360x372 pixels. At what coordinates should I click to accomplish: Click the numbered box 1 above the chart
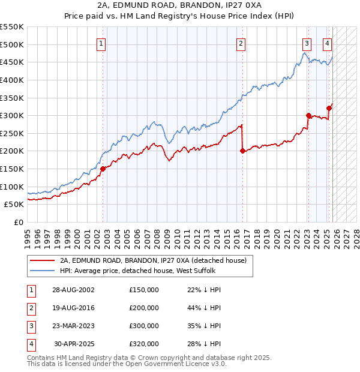[101, 43]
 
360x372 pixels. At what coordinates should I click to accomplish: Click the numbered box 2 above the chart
[241, 43]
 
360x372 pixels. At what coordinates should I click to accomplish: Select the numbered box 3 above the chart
[307, 43]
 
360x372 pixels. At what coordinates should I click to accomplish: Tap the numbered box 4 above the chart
[328, 43]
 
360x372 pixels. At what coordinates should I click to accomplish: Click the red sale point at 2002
[103, 169]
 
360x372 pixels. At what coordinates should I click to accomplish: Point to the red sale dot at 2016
[242, 151]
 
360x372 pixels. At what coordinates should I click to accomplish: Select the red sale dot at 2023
[308, 116]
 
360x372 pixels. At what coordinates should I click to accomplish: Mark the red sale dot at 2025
[329, 109]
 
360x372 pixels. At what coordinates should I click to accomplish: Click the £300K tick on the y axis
[12, 115]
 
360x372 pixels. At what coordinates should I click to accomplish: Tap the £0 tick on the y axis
[18, 222]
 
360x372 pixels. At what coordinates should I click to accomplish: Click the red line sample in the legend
[42, 260]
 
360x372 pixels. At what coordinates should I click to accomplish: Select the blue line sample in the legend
[42, 271]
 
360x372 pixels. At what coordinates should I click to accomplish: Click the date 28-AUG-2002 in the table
[73, 290]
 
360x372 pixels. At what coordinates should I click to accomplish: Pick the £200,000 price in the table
[144, 308]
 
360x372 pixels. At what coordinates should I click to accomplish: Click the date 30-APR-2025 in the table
[74, 344]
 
